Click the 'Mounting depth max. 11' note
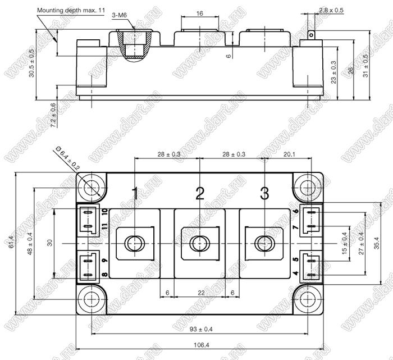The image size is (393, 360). (x=71, y=10)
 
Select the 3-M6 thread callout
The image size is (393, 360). (x=120, y=15)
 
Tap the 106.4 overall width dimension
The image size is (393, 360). (x=201, y=345)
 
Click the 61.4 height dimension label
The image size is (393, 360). (x=11, y=243)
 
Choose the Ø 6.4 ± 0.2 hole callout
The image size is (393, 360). (x=68, y=158)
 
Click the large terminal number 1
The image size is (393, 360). (x=135, y=193)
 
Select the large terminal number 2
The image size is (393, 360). (x=200, y=193)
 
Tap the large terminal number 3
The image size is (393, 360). (x=264, y=193)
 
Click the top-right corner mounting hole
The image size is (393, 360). (x=308, y=188)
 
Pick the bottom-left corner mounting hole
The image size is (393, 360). (x=92, y=299)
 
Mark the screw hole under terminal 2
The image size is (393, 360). (x=199, y=243)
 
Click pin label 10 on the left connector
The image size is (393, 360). (x=105, y=212)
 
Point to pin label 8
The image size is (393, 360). (x=105, y=275)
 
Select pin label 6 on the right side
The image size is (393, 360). (x=296, y=211)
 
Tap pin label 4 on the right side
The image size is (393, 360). (x=296, y=274)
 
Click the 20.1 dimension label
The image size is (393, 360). (x=289, y=154)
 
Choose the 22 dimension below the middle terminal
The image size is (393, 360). (x=201, y=293)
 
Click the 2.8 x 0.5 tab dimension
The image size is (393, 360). (x=331, y=10)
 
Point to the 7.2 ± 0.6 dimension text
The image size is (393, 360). (x=53, y=115)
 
